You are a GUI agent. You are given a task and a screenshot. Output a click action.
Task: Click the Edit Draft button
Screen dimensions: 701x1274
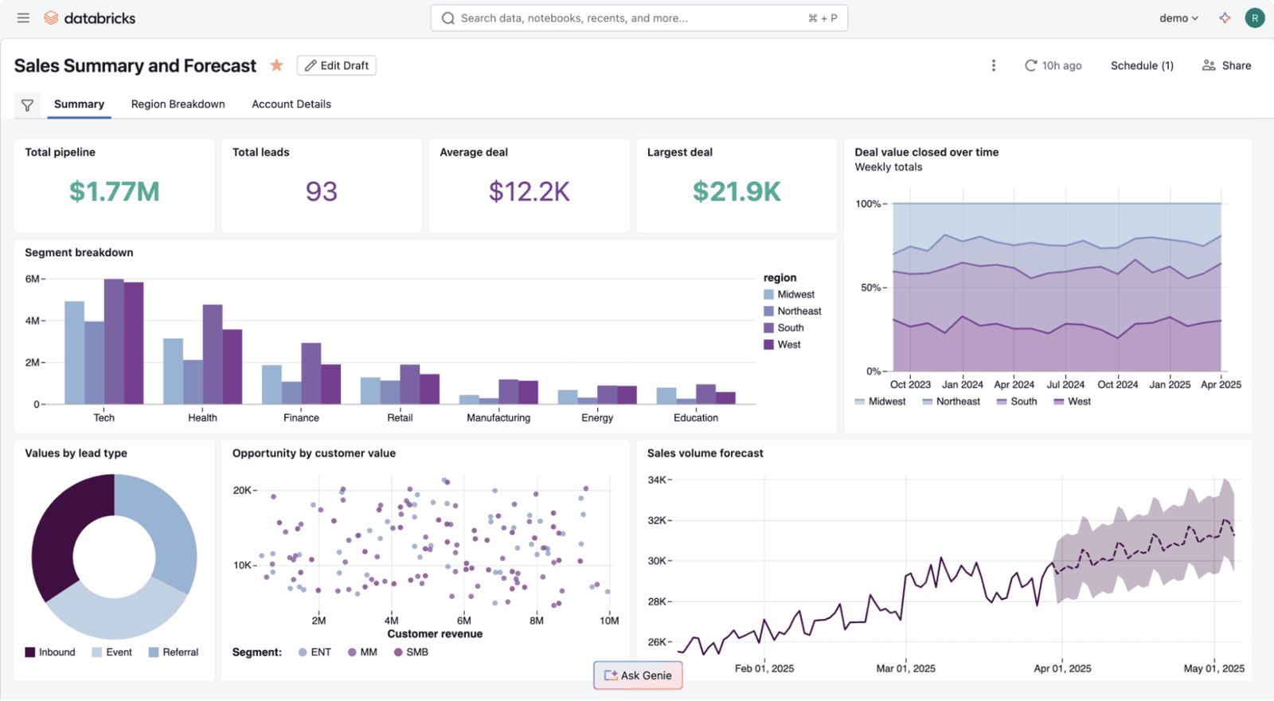(x=336, y=65)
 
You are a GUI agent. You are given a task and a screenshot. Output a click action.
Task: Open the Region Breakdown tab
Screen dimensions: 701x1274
(x=178, y=104)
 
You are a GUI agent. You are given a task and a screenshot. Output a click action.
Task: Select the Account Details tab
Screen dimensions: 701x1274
(x=291, y=104)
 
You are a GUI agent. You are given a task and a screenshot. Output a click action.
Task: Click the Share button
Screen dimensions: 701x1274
(x=1226, y=65)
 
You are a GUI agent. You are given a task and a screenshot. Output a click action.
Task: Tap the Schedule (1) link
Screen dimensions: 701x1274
(x=1141, y=65)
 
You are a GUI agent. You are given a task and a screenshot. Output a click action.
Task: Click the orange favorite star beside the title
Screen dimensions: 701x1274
(x=276, y=65)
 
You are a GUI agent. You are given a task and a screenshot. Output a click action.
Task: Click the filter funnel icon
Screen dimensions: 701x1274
(x=27, y=105)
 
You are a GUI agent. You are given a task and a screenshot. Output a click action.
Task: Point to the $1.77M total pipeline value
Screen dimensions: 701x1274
(x=114, y=191)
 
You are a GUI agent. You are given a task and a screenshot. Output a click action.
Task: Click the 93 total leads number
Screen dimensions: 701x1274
(x=321, y=191)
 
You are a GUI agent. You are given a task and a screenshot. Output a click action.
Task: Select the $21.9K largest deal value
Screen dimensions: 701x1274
(x=737, y=191)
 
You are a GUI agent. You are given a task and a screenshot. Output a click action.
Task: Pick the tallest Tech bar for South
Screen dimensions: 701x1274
(x=114, y=343)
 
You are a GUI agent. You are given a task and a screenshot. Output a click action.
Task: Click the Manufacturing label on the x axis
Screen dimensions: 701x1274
(x=498, y=417)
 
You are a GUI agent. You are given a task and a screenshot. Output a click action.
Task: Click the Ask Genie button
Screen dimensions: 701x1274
(x=638, y=676)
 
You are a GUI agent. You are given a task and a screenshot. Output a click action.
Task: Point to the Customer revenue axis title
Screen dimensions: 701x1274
(x=435, y=634)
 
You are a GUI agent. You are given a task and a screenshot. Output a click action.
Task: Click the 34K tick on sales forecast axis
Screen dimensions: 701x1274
(x=657, y=480)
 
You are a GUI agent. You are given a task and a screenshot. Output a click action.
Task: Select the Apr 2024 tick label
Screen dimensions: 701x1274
(x=1014, y=385)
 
